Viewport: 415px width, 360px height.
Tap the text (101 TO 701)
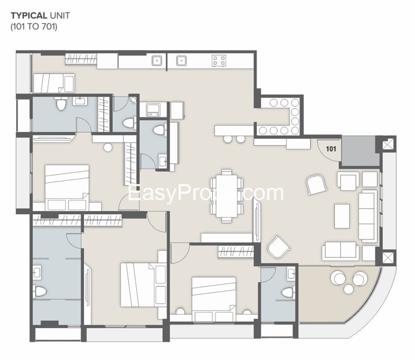(x=34, y=26)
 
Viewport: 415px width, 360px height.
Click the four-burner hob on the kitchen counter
(x=218, y=60)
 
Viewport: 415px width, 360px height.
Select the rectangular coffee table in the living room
(x=342, y=215)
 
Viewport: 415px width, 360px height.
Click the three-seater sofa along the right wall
(x=368, y=216)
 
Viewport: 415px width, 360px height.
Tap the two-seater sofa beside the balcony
(x=340, y=251)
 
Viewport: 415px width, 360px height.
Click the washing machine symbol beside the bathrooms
(x=154, y=109)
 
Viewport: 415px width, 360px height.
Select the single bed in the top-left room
(x=54, y=82)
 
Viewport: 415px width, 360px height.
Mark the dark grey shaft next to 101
(x=358, y=151)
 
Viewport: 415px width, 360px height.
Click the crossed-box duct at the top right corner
(x=388, y=144)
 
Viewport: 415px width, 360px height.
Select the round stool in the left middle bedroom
(x=108, y=147)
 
